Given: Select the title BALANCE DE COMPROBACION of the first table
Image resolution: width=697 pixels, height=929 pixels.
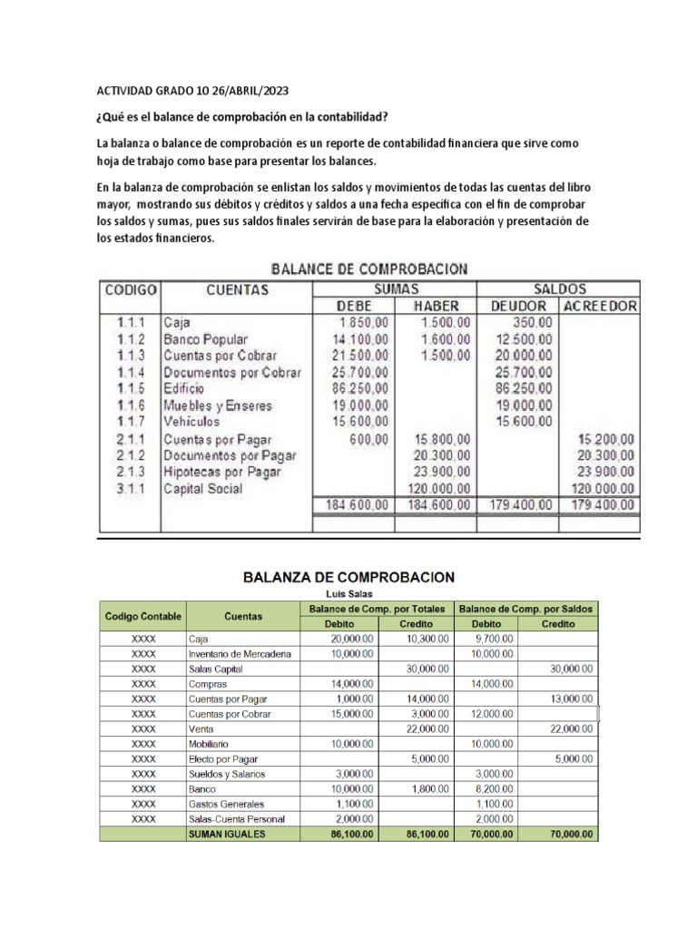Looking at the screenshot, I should (368, 269).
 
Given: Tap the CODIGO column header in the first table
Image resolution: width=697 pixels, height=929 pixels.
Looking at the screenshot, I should (131, 290).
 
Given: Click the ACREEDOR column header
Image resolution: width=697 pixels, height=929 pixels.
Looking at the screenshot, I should (600, 306).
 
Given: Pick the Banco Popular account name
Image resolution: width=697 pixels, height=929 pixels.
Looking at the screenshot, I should (204, 338).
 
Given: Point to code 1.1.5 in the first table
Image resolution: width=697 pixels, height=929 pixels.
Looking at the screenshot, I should (130, 388).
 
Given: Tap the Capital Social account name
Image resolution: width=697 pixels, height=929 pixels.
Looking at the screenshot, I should (202, 488).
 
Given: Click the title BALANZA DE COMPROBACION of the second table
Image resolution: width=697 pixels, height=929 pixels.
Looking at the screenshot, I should (348, 576).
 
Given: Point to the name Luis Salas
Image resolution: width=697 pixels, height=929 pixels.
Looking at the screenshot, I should (348, 593).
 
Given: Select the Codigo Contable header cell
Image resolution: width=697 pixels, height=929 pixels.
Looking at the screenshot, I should (142, 616).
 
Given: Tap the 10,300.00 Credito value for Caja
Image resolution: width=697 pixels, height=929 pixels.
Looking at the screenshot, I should (422, 640).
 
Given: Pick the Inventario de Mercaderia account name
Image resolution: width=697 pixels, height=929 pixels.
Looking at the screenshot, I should (240, 654).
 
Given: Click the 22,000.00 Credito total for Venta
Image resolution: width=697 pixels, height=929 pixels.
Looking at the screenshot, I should (422, 728).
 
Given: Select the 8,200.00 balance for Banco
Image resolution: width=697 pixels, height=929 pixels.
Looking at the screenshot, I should (494, 789).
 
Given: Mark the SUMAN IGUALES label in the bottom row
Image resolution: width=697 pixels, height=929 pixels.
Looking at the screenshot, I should (226, 834).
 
